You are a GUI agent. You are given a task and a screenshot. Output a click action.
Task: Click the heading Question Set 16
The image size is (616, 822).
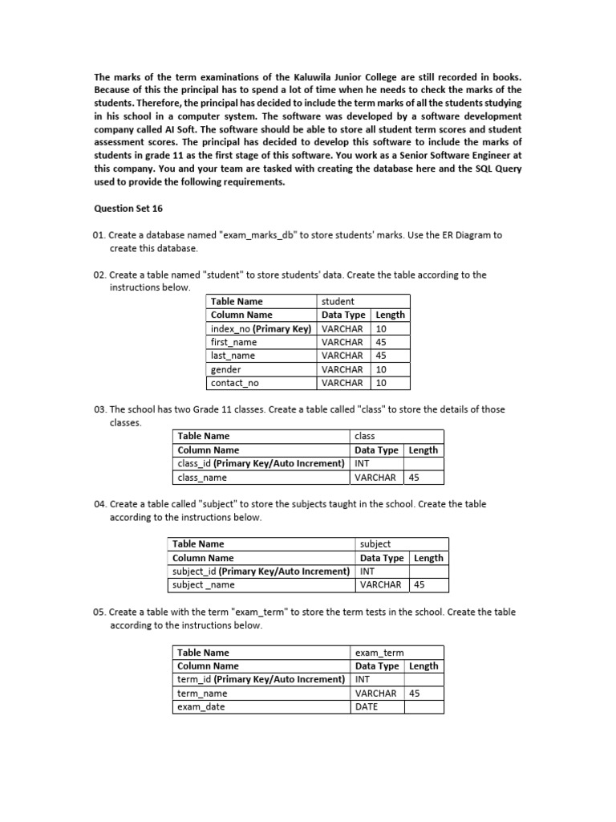pos(128,208)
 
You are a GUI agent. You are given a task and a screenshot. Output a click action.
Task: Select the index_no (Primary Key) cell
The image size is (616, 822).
pos(260,328)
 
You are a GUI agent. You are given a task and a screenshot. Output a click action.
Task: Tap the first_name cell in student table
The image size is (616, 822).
pos(233,342)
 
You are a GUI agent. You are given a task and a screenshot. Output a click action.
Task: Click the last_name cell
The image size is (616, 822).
pos(233,356)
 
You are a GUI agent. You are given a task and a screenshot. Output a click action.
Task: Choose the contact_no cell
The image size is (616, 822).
pos(234,383)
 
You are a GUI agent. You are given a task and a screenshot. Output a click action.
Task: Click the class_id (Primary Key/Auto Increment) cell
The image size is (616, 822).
pos(261,463)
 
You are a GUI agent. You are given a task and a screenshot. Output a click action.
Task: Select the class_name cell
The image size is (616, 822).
pos(202,478)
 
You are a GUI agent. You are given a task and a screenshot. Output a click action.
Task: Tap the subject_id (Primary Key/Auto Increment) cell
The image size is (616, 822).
pos(261,572)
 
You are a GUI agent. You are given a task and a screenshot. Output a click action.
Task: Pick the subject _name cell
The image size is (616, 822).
pos(205,585)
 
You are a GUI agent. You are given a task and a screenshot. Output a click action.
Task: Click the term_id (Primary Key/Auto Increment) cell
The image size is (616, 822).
pos(261,679)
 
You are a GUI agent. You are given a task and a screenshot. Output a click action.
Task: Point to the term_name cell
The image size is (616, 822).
pos(202,693)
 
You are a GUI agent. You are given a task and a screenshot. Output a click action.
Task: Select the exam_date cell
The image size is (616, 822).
pos(201,706)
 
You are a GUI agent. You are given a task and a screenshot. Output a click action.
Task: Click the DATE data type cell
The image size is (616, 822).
pos(367,706)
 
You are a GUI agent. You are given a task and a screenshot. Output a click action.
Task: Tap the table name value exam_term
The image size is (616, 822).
pos(379,653)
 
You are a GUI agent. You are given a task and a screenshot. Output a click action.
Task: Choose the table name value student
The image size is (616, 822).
pos(338,301)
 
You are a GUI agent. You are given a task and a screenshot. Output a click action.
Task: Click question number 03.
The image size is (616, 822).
pos(100,409)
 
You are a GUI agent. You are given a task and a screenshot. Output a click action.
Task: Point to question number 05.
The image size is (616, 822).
pos(100,612)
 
